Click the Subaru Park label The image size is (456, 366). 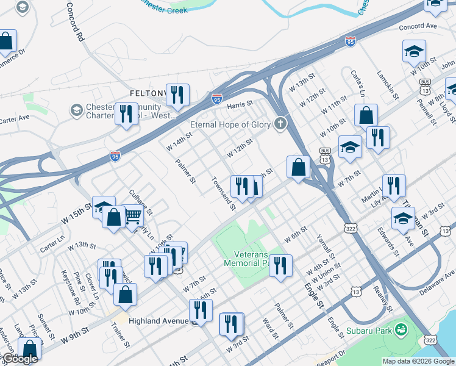pyautogui.click(x=368, y=331)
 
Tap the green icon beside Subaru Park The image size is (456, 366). pyautogui.click(x=401, y=331)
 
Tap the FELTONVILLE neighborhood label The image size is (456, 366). pyautogui.click(x=148, y=93)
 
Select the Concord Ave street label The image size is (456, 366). pyautogui.click(x=418, y=27)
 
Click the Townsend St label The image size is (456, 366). pyautogui.click(x=223, y=193)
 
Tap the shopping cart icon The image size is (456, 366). pyautogui.click(x=134, y=215)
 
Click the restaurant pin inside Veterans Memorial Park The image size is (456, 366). pyautogui.click(x=280, y=265)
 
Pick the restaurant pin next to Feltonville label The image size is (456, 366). pyautogui.click(x=177, y=95)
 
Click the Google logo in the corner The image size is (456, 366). pyautogui.click(x=20, y=359)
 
